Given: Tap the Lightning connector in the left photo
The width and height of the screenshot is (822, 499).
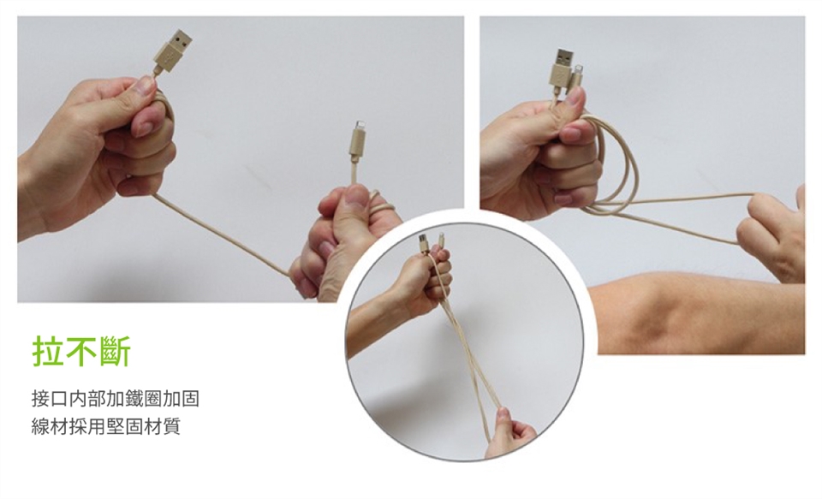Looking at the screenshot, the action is [358, 140].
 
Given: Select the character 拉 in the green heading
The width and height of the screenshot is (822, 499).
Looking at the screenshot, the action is [48, 350].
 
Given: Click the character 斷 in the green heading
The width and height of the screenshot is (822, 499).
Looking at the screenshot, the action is [114, 350].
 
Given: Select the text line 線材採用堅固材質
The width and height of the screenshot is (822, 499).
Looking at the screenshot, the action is [106, 425].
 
